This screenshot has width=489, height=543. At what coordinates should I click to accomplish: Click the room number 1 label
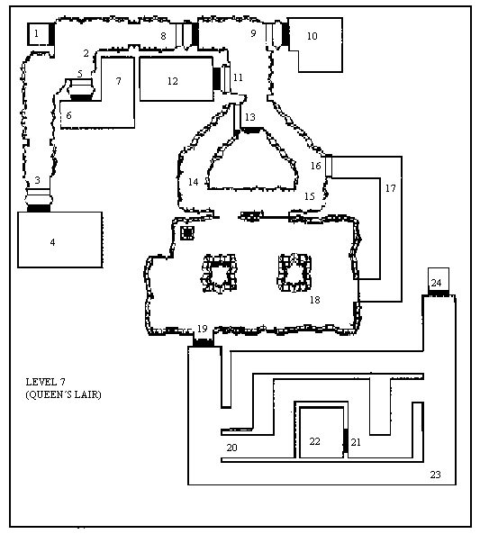tap(36, 33)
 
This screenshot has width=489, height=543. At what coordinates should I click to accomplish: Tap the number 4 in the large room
tap(52, 242)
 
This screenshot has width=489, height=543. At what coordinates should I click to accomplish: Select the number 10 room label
tap(312, 36)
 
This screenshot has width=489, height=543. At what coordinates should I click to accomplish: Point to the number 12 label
tap(173, 81)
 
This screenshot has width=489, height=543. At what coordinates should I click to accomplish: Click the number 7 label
tap(119, 81)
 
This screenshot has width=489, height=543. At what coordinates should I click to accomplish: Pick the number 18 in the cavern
tap(315, 300)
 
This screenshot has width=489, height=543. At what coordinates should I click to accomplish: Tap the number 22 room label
tap(315, 441)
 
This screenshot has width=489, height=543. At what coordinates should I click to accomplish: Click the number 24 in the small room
tap(437, 283)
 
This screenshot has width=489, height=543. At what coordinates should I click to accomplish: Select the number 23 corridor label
tap(435, 475)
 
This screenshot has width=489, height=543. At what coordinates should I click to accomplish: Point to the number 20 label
tap(231, 448)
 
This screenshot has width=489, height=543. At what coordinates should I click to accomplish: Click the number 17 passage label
tap(390, 188)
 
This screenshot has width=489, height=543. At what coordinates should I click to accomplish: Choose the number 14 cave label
tap(194, 182)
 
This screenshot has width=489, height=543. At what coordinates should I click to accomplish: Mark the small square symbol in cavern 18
tap(187, 232)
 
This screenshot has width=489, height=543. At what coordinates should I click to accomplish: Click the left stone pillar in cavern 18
tap(219, 273)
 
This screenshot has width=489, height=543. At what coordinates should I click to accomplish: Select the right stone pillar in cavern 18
tap(294, 273)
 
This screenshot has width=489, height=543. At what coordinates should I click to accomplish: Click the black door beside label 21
tap(345, 440)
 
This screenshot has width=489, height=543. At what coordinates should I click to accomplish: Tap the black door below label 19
tap(204, 343)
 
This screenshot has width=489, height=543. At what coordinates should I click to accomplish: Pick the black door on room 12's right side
tap(216, 78)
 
